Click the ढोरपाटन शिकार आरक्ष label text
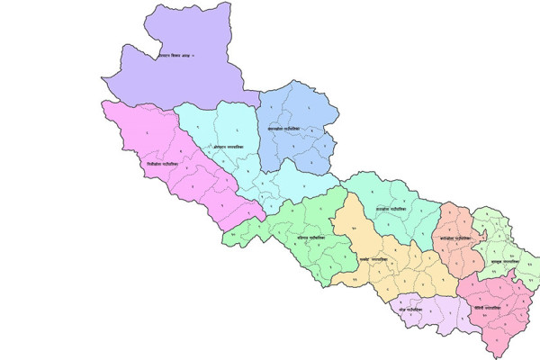click(x=171, y=57)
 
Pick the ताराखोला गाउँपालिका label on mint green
click(x=392, y=210)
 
